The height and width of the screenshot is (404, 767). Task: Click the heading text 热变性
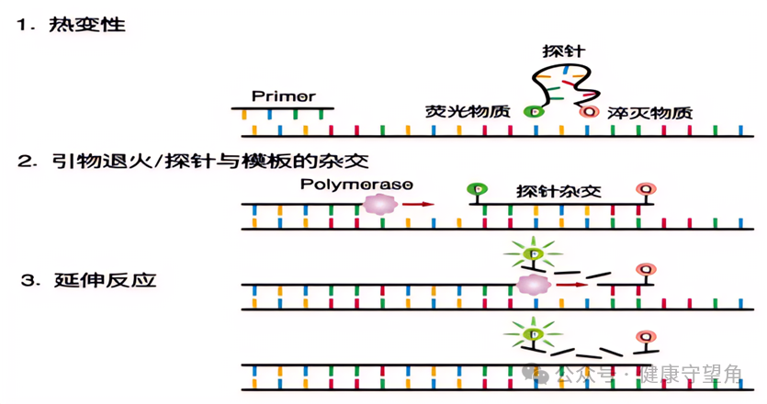point(86,25)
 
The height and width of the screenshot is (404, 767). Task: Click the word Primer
point(284,96)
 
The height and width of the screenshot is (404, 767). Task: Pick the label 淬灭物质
point(649,112)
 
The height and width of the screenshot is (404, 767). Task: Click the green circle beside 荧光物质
point(533,112)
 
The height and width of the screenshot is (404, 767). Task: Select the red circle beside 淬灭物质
point(589,112)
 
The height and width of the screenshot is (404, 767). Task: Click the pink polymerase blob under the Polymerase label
point(379,204)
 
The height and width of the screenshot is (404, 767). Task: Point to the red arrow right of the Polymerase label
point(418,204)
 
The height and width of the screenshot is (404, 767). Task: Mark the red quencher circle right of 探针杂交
point(646,190)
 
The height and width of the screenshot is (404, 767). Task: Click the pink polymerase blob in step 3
point(531,284)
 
